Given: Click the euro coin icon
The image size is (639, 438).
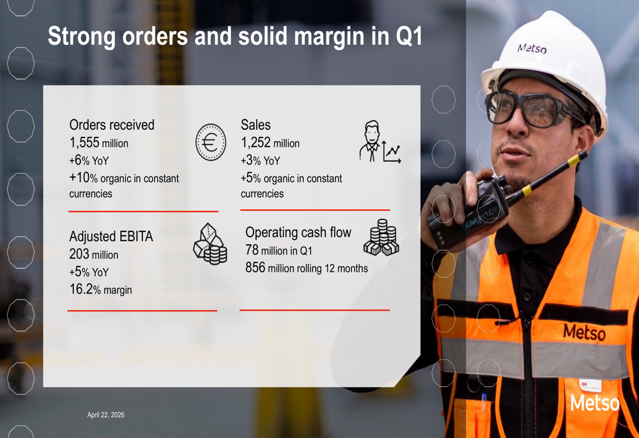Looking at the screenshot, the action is (x=210, y=143).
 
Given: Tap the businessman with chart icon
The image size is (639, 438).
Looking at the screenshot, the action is (x=380, y=141).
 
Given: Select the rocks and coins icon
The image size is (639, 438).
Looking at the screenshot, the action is (x=210, y=244).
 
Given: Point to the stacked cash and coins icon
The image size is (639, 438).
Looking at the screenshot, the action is (x=381, y=238).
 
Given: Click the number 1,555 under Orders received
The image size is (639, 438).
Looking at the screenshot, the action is (x=84, y=143).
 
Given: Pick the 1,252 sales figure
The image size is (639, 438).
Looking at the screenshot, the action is (x=256, y=143).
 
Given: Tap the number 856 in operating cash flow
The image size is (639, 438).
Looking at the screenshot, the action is (x=255, y=267).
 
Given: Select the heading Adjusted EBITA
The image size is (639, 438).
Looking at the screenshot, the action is (x=111, y=236).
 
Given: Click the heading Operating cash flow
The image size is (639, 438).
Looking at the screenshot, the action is (x=298, y=233).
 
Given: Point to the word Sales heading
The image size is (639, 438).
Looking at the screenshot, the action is (x=256, y=125).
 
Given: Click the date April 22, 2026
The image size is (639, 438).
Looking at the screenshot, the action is (x=105, y=415).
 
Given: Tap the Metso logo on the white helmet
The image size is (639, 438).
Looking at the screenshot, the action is (x=532, y=49).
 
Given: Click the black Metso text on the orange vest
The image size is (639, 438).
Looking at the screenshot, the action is (x=584, y=332).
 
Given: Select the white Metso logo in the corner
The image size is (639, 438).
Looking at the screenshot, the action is (x=594, y=403).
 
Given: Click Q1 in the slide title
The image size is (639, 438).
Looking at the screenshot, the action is (x=409, y=36).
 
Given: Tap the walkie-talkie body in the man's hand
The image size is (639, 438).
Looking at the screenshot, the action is (x=468, y=212).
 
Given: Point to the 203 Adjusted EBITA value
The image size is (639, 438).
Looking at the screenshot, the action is (x=79, y=254).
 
